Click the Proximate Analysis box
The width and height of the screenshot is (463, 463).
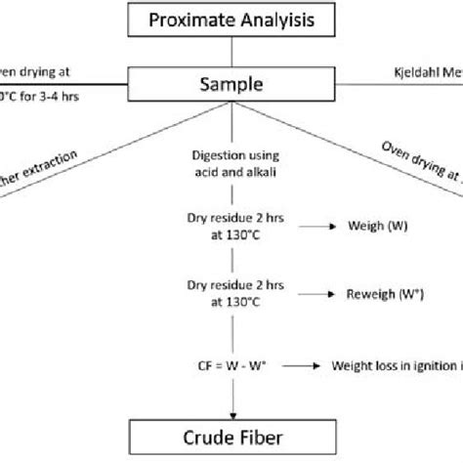click(231, 20)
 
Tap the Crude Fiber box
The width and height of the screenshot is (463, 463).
click(231, 433)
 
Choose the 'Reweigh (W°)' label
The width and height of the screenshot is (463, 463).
click(384, 292)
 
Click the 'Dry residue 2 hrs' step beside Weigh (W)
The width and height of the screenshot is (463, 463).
click(231, 226)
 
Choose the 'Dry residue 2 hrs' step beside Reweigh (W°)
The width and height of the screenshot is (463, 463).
click(231, 292)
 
